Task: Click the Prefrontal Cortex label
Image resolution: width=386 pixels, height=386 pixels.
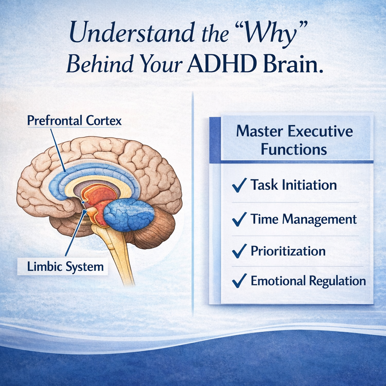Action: click(x=74, y=121)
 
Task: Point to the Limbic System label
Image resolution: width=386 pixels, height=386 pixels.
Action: click(x=65, y=267)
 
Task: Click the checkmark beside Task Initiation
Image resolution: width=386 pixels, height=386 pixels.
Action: click(x=239, y=185)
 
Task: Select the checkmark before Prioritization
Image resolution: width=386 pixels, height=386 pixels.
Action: click(x=239, y=251)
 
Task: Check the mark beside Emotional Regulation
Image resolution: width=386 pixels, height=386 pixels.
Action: click(x=239, y=281)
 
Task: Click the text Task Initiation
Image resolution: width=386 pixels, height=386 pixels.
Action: click(x=294, y=185)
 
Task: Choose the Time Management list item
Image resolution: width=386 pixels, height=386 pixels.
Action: click(x=303, y=219)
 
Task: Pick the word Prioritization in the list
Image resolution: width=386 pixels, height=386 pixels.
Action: click(x=288, y=251)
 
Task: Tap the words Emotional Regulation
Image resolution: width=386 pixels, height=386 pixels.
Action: click(x=308, y=281)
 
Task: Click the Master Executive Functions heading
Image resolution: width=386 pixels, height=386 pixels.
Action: click(x=294, y=140)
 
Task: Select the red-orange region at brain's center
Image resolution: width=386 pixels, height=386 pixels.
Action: click(x=99, y=196)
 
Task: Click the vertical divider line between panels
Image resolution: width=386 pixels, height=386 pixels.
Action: click(x=193, y=204)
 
